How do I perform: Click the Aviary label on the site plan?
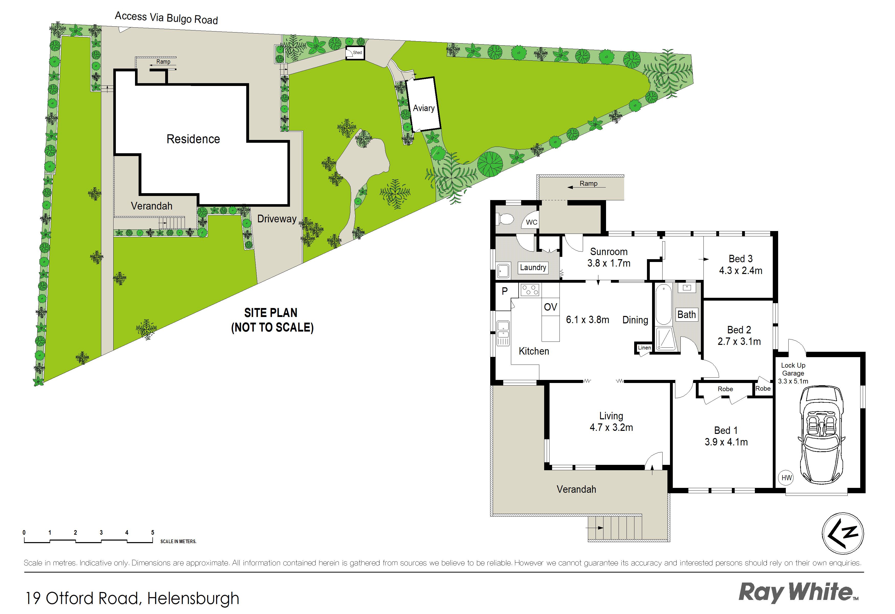424,108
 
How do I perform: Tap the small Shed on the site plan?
355,53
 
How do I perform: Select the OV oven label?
550,307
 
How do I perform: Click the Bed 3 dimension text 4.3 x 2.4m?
741,270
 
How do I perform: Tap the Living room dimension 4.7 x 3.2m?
611,427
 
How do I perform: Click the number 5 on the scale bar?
152,532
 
